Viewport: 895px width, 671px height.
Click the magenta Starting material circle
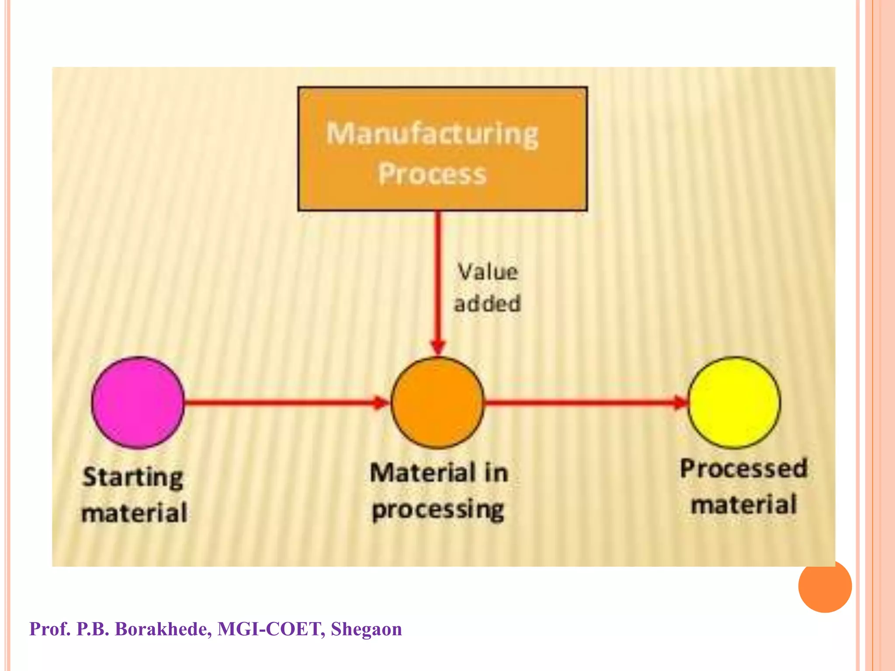point(138,403)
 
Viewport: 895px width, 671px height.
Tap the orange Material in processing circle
point(437,403)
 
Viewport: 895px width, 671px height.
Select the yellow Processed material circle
point(735,403)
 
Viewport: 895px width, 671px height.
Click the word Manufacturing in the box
point(433,134)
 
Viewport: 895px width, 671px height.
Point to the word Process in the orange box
point(432,174)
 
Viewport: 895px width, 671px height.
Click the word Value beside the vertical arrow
point(488,272)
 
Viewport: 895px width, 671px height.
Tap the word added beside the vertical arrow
point(488,304)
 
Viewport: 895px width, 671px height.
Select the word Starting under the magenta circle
point(133,477)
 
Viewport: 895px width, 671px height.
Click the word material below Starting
point(135,513)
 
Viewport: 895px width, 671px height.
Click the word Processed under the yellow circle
point(743,469)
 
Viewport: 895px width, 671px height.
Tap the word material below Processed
point(744,505)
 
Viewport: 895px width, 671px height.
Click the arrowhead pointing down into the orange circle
point(438,348)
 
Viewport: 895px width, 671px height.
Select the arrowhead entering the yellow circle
point(681,402)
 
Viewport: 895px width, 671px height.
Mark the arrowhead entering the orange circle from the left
point(381,403)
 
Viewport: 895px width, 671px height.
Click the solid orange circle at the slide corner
point(825,586)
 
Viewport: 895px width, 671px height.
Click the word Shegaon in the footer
point(366,629)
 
